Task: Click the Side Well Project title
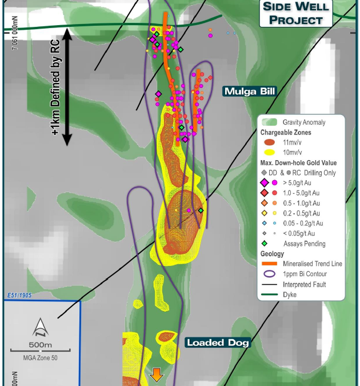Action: pos(296,13)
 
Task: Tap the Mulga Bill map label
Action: pos(249,91)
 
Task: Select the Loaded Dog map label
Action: pos(218,343)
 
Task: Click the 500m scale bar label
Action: pos(40,345)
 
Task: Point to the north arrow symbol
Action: pos(40,327)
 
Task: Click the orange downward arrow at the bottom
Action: pos(157,375)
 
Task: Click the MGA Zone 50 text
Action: pos(41,358)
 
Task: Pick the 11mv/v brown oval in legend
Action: pos(269,142)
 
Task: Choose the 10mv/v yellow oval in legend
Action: pos(269,153)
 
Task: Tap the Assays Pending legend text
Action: pos(304,244)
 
